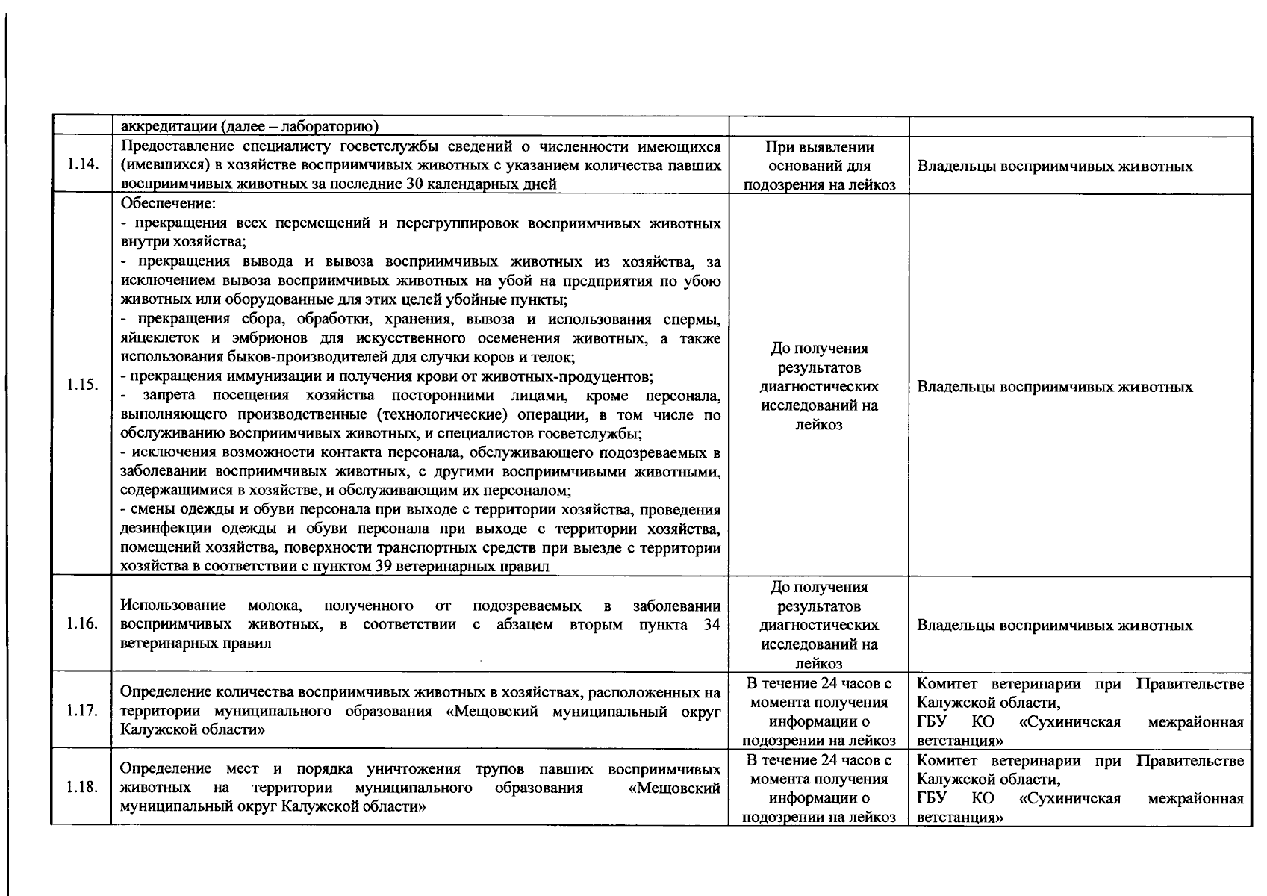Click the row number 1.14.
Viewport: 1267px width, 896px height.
click(82, 165)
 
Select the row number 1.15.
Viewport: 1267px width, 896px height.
click(82, 385)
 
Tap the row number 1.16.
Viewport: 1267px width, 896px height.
click(82, 624)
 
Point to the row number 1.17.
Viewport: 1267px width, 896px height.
click(82, 709)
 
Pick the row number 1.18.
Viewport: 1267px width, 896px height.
click(82, 787)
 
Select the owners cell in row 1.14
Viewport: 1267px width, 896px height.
click(1054, 166)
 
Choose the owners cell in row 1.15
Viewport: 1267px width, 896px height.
click(1054, 387)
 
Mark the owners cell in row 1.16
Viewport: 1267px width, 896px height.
click(1054, 626)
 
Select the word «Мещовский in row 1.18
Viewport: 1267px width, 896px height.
click(675, 788)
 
